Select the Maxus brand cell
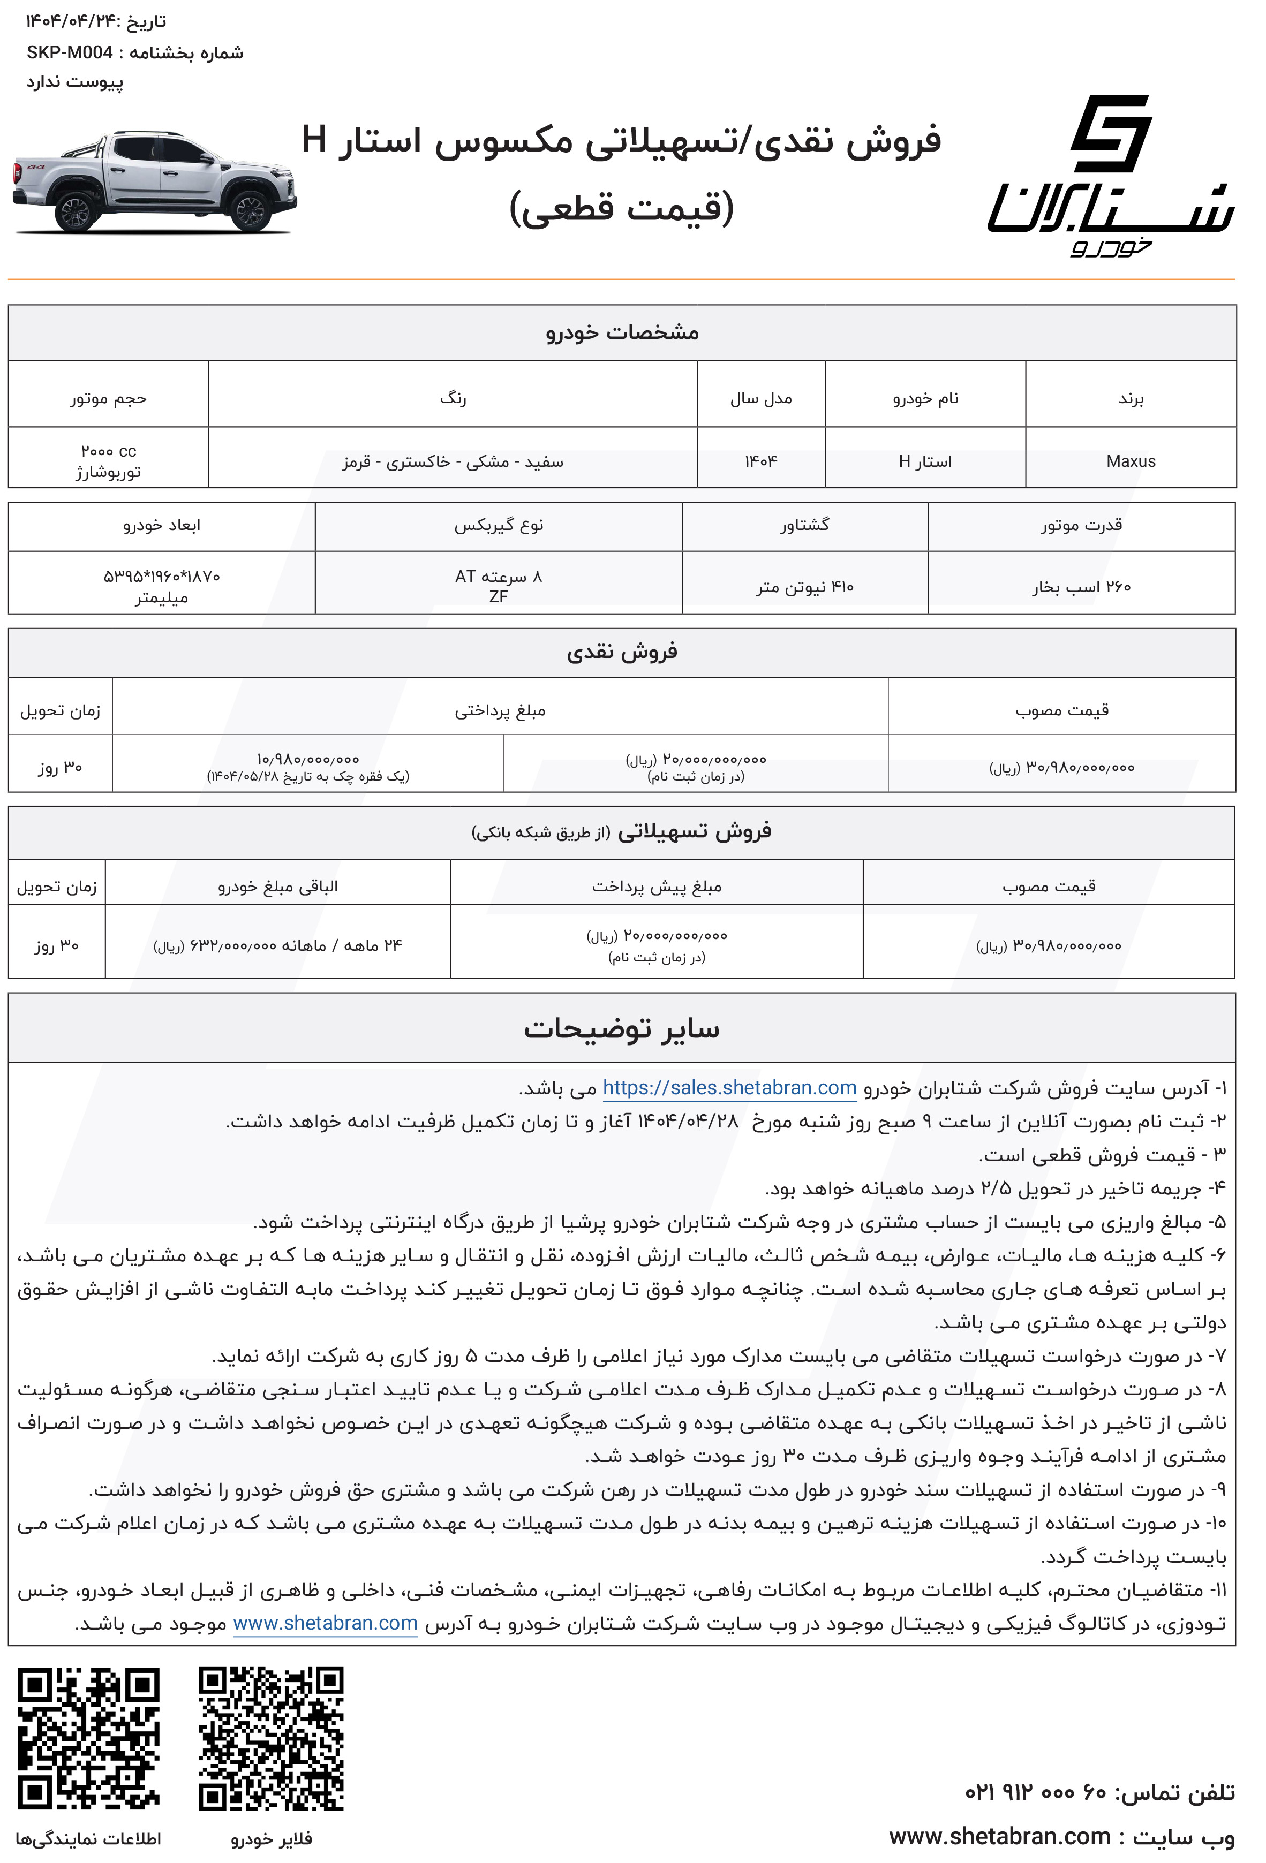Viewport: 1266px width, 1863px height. [x=1131, y=461]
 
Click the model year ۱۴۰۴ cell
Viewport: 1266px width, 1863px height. [x=761, y=461]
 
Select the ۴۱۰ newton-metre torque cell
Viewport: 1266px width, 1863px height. [x=804, y=587]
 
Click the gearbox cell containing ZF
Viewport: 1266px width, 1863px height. [x=498, y=586]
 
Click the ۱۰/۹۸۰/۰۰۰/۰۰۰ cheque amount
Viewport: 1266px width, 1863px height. [x=308, y=759]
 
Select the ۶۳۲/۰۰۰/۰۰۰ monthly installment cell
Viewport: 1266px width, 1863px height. [x=277, y=945]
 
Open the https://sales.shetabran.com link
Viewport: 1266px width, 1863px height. [x=729, y=1088]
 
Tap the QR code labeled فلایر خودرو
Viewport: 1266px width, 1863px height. [x=271, y=1739]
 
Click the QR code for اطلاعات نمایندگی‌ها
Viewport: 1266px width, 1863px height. [x=88, y=1739]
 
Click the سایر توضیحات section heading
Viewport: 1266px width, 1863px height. [x=621, y=1028]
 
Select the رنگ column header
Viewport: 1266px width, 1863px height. [x=453, y=398]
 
